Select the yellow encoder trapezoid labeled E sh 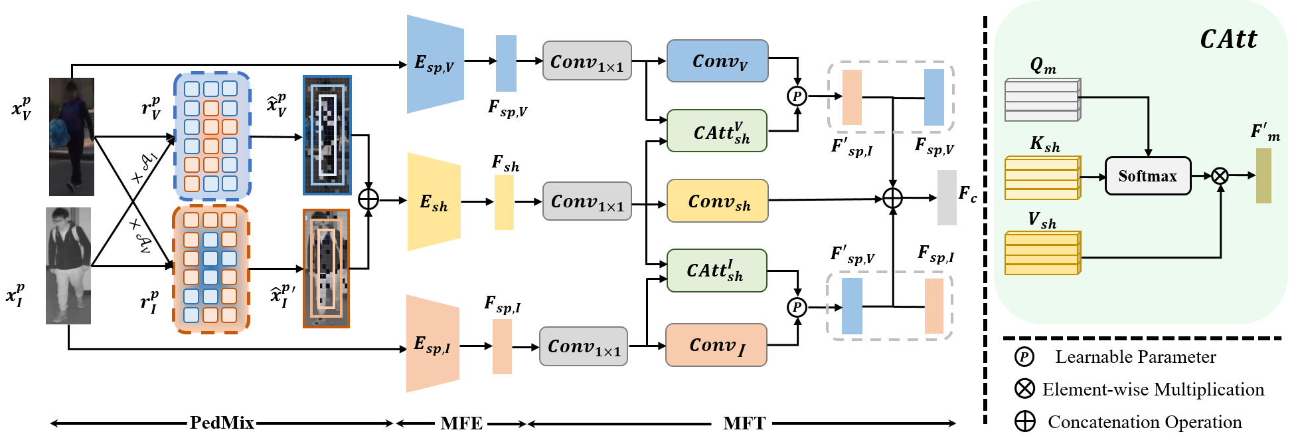[434, 202]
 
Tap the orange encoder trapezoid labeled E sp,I [432, 344]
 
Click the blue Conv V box [718, 61]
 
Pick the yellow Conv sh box [718, 201]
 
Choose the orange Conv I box [716, 345]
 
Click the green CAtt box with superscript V [717, 131]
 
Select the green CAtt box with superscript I [717, 271]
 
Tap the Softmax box [1147, 176]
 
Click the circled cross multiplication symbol [1220, 176]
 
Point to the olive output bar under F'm [1263, 175]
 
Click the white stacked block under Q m [1042, 100]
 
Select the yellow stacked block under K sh [1042, 178]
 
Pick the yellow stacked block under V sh [1042, 253]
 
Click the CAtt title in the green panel [1228, 40]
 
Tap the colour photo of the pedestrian [72, 137]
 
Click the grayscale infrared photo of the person [68, 266]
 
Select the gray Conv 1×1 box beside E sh [587, 201]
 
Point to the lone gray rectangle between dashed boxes [947, 197]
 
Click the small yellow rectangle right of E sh [504, 203]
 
